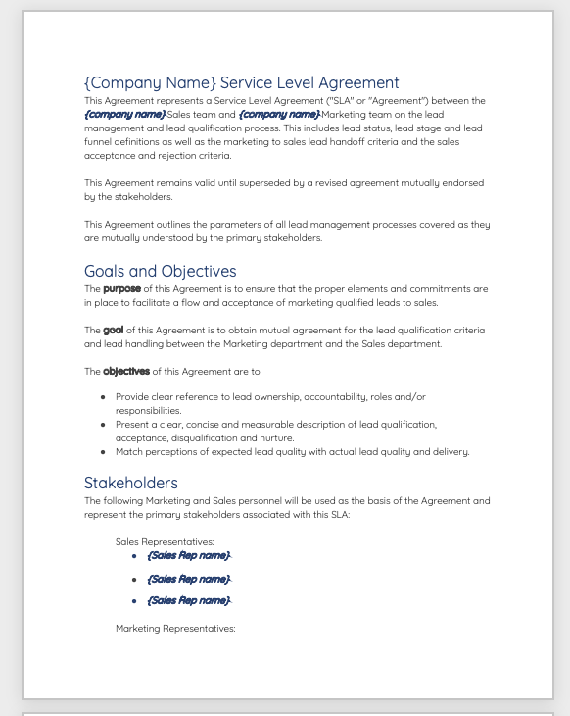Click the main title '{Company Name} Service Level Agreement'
[241, 82]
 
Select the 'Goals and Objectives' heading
[160, 271]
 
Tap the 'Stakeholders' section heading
[130, 483]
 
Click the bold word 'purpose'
[122, 289]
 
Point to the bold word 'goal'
[113, 331]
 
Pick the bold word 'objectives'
[126, 372]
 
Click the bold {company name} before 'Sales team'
[124, 115]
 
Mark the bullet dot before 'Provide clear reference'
[104, 397]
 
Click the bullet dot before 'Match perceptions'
[104, 452]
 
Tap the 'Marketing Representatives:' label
[175, 628]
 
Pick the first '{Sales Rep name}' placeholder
[188, 556]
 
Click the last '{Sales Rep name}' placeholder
[188, 600]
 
